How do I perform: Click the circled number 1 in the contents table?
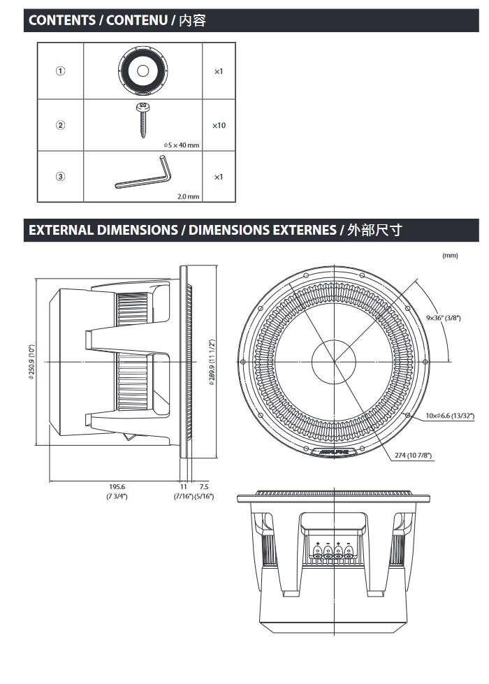point(61,71)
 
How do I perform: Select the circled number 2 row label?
point(61,126)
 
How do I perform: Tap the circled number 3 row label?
point(61,177)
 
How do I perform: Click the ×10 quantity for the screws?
point(219,126)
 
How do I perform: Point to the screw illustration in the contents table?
point(143,119)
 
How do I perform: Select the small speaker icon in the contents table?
point(143,71)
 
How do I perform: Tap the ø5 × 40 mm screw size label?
point(181,145)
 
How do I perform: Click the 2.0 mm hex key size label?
point(188,197)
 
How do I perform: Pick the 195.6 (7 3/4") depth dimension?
point(117,490)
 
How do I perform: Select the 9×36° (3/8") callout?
point(443,318)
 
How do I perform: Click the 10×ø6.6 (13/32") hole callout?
point(450,416)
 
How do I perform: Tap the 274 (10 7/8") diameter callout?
point(413,456)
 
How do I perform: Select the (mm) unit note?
point(450,255)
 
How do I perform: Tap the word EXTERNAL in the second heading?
point(61,230)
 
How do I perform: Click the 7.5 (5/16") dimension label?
point(204,490)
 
